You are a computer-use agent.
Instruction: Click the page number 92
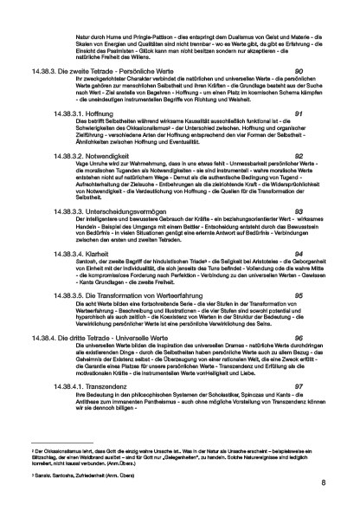tap(299, 156)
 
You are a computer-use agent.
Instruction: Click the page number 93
tap(299, 210)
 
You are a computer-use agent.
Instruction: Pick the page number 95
tap(299, 294)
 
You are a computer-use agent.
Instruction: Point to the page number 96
tap(299, 337)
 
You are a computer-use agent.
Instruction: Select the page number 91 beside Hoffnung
tap(299, 113)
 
